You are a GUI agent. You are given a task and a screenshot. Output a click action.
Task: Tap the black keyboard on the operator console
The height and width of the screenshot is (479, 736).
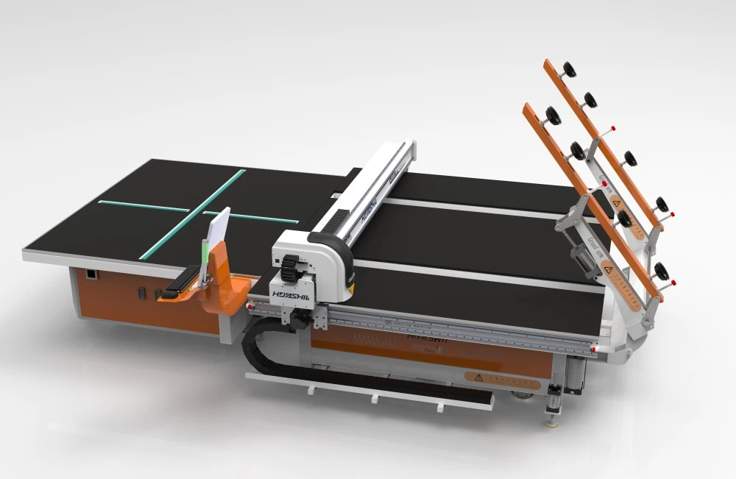(184, 277)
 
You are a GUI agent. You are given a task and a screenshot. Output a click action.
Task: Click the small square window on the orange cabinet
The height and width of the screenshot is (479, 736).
(90, 275)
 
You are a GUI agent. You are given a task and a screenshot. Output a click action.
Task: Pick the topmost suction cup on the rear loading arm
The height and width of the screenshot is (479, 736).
(568, 70)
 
